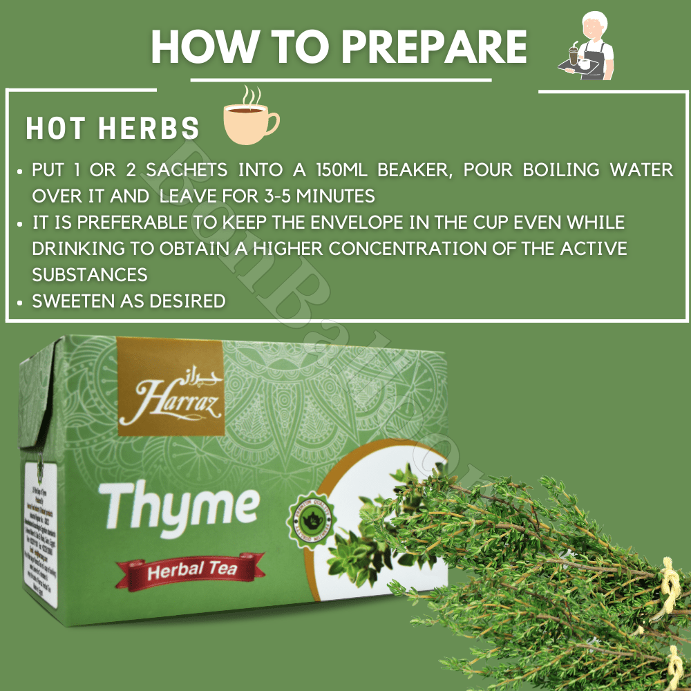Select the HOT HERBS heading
click(113, 129)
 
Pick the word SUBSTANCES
click(90, 275)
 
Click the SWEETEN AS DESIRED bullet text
click(129, 301)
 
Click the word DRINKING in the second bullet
click(75, 249)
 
